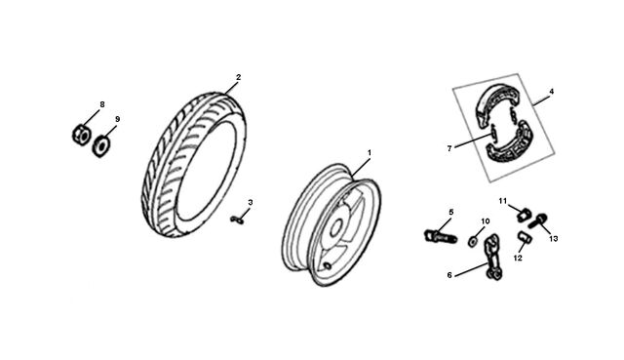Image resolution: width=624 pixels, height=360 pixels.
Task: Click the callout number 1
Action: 370,153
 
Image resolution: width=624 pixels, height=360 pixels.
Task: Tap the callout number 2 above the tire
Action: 238,77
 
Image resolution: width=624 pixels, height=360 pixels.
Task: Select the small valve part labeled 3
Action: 238,220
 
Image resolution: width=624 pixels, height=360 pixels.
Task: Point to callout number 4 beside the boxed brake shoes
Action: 551,92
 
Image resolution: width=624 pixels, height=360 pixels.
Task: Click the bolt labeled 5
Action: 441,236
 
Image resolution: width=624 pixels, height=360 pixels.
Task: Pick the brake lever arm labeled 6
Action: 492,257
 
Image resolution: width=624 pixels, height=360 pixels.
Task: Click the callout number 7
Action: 449,148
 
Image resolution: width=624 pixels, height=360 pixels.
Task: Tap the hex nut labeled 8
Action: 81,135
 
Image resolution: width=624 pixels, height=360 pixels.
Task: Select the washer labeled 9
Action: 101,145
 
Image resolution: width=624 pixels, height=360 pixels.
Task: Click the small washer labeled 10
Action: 473,241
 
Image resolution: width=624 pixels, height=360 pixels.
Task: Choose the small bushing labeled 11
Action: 524,215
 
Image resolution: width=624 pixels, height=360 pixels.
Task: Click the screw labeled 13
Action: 538,221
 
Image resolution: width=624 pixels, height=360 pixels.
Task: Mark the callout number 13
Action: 554,239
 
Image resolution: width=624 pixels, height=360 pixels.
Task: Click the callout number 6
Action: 449,275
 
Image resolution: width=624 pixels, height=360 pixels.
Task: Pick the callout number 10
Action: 486,221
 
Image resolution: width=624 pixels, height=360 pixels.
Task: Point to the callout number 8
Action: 102,104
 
